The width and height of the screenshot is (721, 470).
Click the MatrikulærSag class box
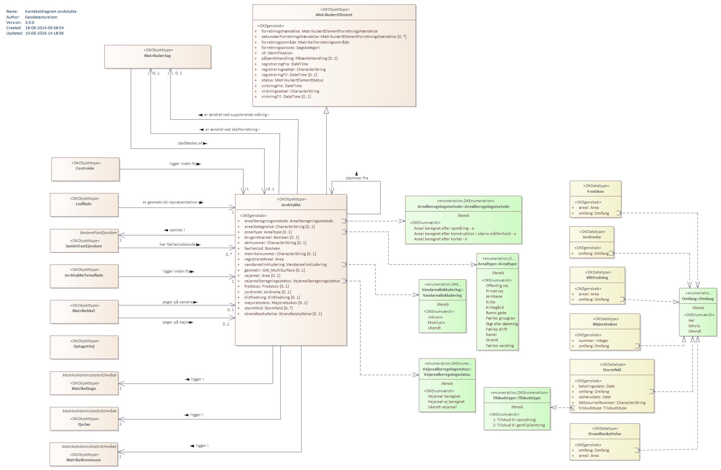click(158, 57)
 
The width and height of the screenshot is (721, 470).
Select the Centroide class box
click(86, 169)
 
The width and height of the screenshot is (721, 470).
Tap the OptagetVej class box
click(84, 347)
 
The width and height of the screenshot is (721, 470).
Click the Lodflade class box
click(84, 205)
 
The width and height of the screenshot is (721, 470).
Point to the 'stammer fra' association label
click(357, 178)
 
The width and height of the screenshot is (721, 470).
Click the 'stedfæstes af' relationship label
click(190, 143)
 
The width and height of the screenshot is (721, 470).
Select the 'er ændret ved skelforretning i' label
click(232, 129)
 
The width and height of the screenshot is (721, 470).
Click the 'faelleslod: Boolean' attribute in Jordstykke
click(262, 248)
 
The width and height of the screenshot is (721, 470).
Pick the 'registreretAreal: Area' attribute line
click(264, 259)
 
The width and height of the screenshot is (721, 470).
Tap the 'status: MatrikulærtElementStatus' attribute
click(292, 80)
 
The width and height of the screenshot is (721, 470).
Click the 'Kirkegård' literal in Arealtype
click(495, 307)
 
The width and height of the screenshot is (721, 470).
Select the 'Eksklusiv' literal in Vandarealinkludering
click(436, 322)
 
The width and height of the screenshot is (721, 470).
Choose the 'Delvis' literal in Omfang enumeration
click(694, 326)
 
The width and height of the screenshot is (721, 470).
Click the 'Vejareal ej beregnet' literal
click(446, 402)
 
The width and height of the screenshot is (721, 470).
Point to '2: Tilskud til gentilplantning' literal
click(519, 425)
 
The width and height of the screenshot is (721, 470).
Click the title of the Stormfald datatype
click(612, 370)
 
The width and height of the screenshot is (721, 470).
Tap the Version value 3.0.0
click(30, 22)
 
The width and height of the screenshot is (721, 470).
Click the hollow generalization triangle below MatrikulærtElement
click(326, 110)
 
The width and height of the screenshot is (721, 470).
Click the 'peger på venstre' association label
click(178, 302)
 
